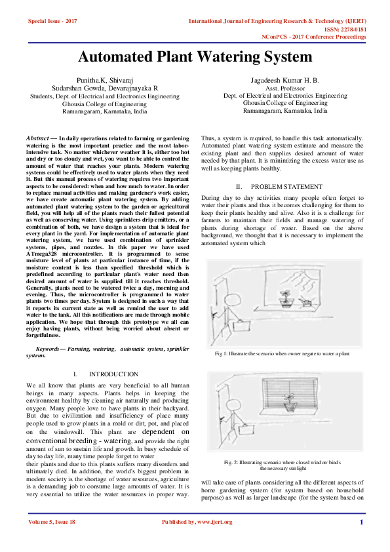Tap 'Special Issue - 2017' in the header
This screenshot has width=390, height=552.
pos(52,21)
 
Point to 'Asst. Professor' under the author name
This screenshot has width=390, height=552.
pos(284,87)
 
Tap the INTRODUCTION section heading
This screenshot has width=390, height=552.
pos(113,374)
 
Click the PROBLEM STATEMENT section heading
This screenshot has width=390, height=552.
pos(286,187)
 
